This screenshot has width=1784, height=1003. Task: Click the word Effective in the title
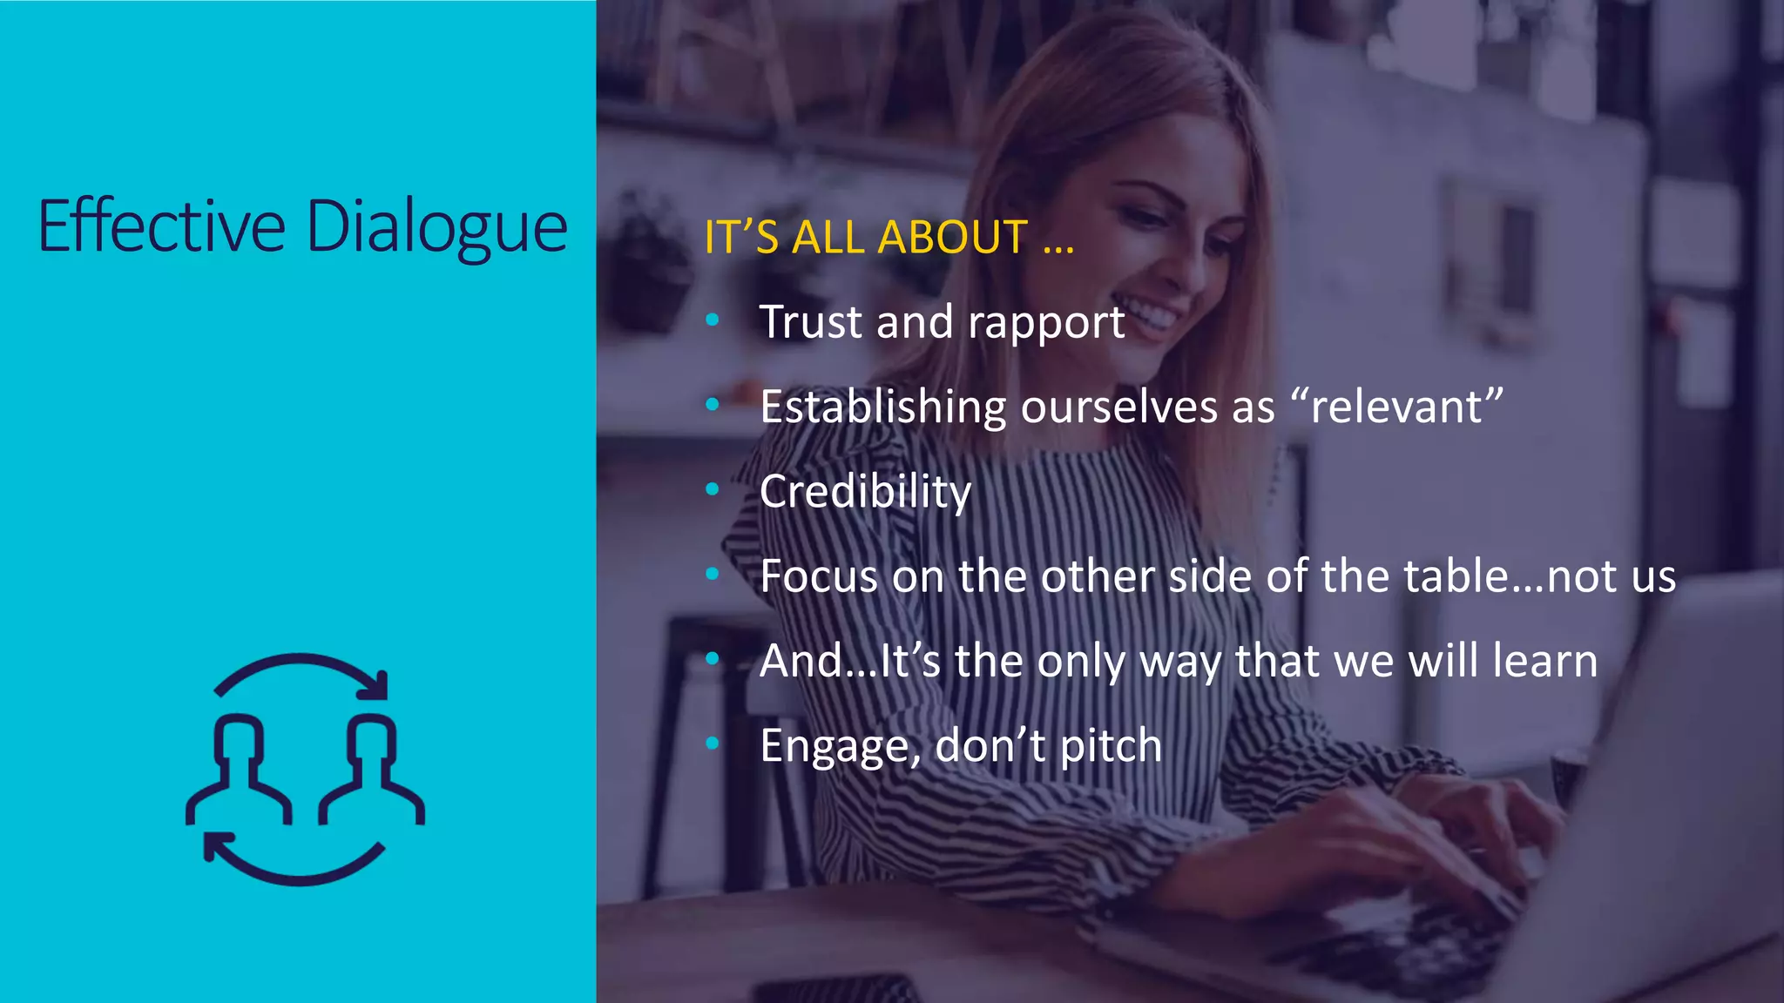coord(162,226)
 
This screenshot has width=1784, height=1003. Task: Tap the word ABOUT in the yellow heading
coord(953,237)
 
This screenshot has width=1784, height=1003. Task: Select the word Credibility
coord(865,492)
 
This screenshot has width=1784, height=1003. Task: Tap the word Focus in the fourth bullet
coord(818,576)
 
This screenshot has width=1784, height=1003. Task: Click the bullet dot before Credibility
coord(713,490)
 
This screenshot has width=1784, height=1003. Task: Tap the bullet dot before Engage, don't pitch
coord(713,744)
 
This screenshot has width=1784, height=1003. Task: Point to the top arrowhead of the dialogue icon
coord(376,686)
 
